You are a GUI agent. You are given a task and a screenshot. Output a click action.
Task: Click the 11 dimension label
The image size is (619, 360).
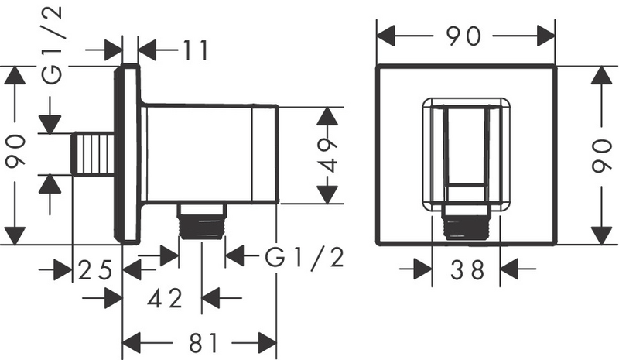(190, 51)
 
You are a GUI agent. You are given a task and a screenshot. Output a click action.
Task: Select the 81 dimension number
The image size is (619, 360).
(202, 342)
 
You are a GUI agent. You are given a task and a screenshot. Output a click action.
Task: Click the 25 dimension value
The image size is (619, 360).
(96, 270)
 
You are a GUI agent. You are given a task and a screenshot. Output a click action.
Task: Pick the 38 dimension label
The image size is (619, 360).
(467, 269)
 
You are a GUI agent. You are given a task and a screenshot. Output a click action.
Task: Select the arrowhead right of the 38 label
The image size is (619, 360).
(510, 269)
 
